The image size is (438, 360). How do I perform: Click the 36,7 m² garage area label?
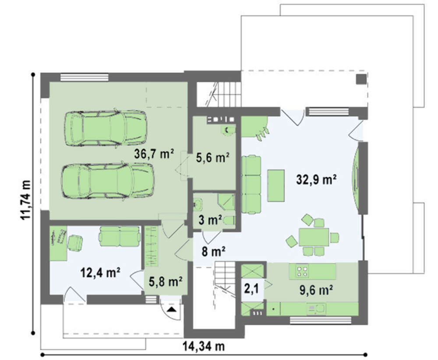point(154,154)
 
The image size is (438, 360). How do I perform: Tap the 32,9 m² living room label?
point(316,179)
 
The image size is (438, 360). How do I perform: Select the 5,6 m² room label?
point(212,158)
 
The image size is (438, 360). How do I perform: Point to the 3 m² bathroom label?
point(210,220)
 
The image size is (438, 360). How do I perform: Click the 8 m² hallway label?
point(214,252)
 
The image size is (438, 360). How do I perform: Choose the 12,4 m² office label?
point(100,272)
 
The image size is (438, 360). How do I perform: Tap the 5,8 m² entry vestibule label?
point(166,282)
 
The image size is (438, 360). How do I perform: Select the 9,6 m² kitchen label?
point(316,290)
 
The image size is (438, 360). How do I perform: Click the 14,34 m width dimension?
point(204,346)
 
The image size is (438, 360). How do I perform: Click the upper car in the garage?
point(106,127)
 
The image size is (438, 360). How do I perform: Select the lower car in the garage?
point(108,181)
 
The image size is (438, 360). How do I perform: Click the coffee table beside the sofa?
point(276,185)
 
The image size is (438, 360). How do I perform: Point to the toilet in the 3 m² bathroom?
point(229,221)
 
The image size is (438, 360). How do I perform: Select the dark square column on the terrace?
point(361,79)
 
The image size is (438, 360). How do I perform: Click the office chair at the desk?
point(75,243)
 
